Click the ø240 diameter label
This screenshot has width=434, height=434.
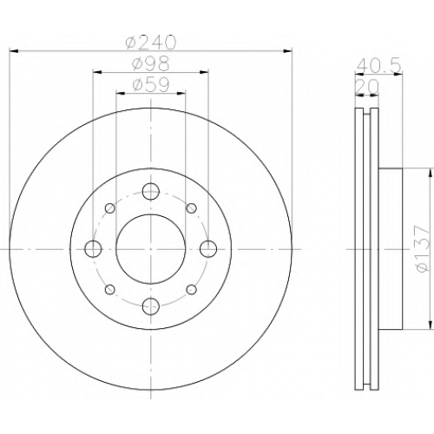150,43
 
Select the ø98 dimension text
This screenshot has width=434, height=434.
150,63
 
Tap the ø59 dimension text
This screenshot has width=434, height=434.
150,85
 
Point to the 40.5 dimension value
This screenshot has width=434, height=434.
378,66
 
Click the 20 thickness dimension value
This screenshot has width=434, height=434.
367,87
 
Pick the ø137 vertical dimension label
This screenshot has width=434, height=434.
422,249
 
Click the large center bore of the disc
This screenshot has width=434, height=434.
150,249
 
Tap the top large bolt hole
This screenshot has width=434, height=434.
151,191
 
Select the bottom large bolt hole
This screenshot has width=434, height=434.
151,306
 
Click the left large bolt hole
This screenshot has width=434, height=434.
93,249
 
